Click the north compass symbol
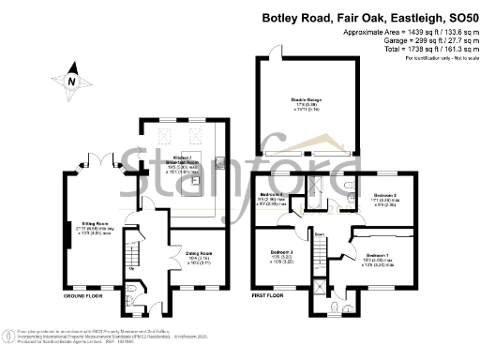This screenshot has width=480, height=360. coord(71,81)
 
